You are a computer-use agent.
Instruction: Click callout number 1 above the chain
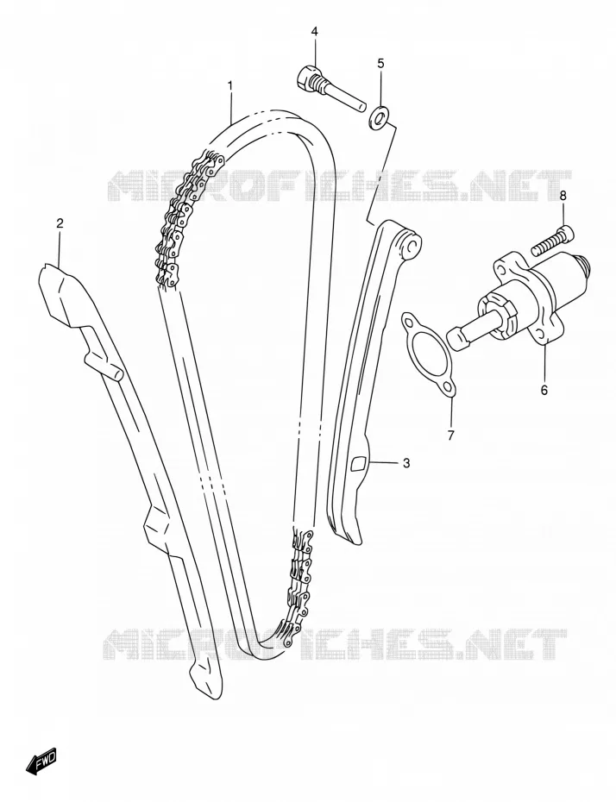[x=230, y=85]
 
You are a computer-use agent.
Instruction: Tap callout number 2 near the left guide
[x=60, y=223]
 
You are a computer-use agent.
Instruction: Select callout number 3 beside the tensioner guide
[x=406, y=463]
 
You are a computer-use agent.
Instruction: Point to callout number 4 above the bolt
[x=314, y=32]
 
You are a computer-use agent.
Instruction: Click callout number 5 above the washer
[x=380, y=63]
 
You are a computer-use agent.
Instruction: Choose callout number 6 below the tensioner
[x=544, y=390]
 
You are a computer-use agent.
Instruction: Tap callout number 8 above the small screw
[x=563, y=195]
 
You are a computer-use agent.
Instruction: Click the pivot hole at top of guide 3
[x=410, y=246]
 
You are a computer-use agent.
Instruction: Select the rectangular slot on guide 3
[x=360, y=462]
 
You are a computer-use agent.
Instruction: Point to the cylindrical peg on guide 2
[x=105, y=366]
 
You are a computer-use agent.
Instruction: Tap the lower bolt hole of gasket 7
[x=448, y=387]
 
